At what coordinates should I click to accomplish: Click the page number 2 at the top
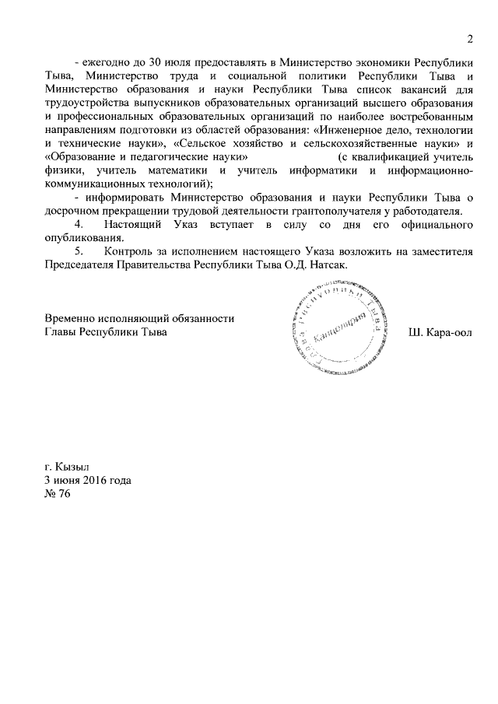pos(470,40)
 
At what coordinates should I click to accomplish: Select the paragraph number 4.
pos(79,225)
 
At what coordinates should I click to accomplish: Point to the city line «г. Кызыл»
pos(67,467)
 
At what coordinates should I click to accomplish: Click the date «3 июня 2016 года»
pos(88,480)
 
